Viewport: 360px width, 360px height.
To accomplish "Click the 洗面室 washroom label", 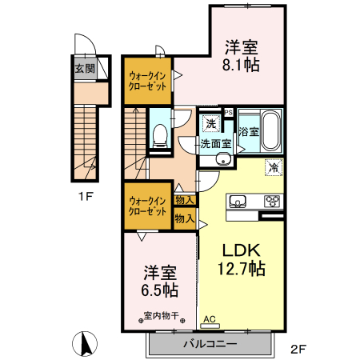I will (x=216, y=145).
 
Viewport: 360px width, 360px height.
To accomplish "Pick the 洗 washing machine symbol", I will (x=210, y=123).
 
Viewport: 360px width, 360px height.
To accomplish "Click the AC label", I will (x=210, y=319).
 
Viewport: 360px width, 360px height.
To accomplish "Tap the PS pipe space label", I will (x=228, y=112).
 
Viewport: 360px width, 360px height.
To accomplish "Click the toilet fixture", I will (x=158, y=138).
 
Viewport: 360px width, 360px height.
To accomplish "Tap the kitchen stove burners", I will (x=273, y=202).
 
